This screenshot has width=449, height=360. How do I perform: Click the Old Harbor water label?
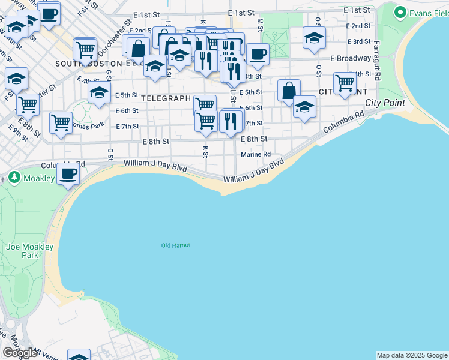[x=176, y=245]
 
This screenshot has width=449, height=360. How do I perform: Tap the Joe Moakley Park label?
[x=29, y=251]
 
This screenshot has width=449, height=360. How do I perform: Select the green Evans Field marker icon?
[x=399, y=12]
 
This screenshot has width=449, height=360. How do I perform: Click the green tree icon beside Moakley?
[x=14, y=178]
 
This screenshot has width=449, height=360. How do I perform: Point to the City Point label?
[x=385, y=103]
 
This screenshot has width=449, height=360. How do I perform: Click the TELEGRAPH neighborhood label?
[x=166, y=98]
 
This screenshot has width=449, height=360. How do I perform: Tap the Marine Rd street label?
[x=256, y=154]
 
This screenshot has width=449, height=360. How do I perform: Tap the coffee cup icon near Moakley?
[x=68, y=174]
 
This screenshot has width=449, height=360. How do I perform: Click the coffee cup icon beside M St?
[x=258, y=55]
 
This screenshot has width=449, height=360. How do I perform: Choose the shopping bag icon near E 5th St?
[x=289, y=91]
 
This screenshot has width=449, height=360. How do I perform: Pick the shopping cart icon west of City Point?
[x=345, y=82]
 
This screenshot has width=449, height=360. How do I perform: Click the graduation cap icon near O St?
[x=314, y=38]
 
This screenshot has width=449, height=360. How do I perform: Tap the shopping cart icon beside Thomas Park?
[x=61, y=122]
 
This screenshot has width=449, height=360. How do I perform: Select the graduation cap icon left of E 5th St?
[x=99, y=92]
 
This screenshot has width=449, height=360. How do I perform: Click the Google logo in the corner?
[x=20, y=353]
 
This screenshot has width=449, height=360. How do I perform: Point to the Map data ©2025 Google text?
[x=412, y=355]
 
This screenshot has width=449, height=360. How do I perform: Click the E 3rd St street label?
[x=361, y=41]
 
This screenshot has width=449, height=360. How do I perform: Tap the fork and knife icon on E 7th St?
[x=232, y=121]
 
